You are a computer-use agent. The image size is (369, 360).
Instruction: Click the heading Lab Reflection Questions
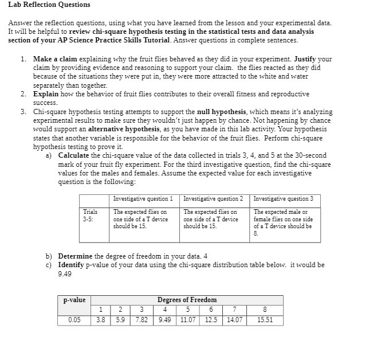(49, 5)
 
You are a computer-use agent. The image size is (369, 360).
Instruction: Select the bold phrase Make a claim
(55, 59)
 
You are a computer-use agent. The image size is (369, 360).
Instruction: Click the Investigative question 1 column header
(143, 199)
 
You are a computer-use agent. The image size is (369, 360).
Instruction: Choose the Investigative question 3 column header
(283, 199)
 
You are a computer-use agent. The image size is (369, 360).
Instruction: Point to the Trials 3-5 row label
(91, 215)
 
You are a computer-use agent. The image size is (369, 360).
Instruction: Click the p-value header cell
(74, 300)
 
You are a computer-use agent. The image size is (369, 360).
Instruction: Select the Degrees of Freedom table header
(187, 300)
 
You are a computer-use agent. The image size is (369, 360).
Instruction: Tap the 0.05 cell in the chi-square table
(74, 320)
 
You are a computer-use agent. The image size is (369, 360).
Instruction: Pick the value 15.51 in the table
(265, 320)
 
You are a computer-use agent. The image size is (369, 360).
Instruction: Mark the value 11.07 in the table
(187, 320)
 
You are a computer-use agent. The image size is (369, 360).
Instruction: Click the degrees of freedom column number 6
(210, 310)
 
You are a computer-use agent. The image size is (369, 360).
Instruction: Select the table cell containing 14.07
(235, 320)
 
